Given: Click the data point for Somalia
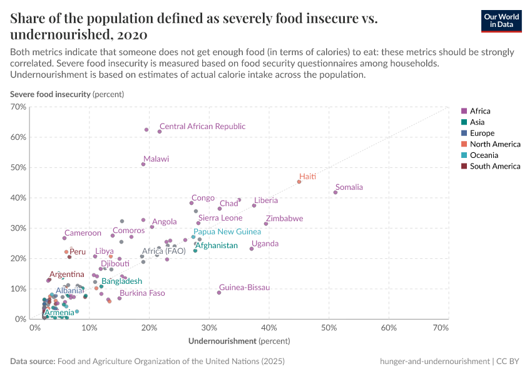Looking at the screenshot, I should pyautogui.click(x=335, y=192).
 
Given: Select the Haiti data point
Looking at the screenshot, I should pyautogui.click(x=299, y=182).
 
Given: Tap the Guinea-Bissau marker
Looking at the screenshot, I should pyautogui.click(x=219, y=293).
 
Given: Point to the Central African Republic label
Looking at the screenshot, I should pyautogui.click(x=202, y=127).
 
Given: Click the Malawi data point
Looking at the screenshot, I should pyautogui.click(x=143, y=164).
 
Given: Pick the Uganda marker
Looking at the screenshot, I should pyautogui.click(x=252, y=249).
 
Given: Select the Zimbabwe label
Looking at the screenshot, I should pyautogui.click(x=284, y=219).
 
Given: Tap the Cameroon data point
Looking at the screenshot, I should pyautogui.click(x=64, y=238).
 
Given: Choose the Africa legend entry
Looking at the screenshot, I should pyautogui.click(x=479, y=111).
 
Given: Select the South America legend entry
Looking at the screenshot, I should pyautogui.click(x=494, y=166).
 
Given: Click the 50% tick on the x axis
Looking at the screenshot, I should pyautogui.click(x=329, y=328).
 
